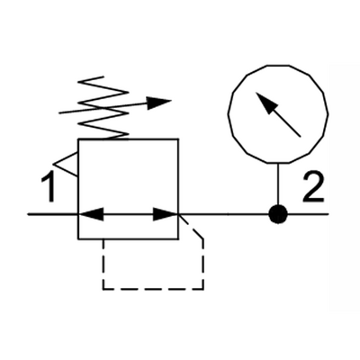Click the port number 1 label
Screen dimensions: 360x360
48,186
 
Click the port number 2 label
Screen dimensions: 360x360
314,186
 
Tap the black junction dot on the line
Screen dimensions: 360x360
278,214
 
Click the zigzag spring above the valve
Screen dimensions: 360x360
103,108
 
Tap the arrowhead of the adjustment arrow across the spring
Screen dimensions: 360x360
159,103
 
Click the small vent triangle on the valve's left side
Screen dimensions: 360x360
66,164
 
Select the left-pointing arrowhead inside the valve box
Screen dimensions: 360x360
91,214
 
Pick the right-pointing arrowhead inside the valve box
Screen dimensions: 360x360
166,214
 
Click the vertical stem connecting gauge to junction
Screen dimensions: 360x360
278,184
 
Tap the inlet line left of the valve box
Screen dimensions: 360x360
53,214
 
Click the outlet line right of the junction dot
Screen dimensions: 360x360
309,214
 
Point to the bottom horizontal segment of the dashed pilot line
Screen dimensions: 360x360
153,289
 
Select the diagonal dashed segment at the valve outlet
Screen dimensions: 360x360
191,227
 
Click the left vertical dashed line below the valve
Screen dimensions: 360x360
103,264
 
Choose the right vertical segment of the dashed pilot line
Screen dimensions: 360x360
203,264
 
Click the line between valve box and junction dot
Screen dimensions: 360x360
224,214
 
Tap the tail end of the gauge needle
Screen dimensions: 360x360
300,136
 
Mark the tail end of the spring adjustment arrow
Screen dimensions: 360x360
59,113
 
